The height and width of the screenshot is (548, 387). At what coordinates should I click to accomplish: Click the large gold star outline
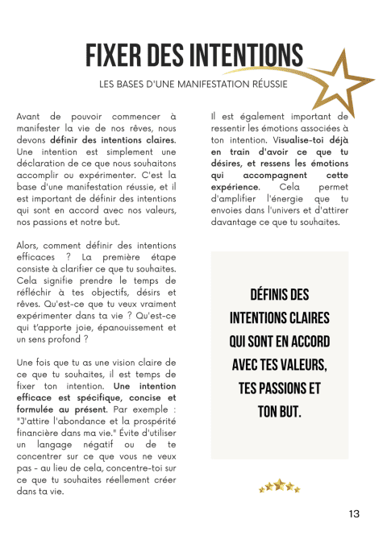pos(339,89)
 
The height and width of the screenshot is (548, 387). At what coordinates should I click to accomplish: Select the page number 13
pos(355,513)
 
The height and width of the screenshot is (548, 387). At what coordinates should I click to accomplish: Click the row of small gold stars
pos(279,488)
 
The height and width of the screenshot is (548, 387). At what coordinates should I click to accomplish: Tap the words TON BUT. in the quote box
pos(279,411)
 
